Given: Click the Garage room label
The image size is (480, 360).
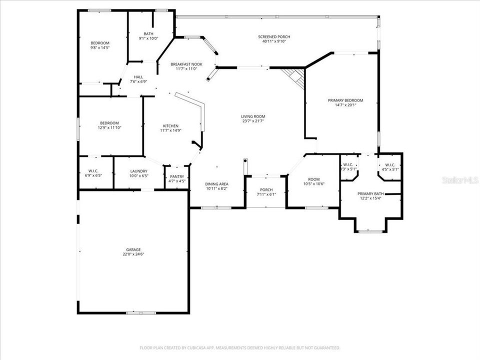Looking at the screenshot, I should pyautogui.click(x=133, y=249).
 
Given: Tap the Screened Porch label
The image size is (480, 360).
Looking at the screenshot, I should pyautogui.click(x=274, y=36).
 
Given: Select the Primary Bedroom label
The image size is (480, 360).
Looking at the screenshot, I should pyautogui.click(x=345, y=100).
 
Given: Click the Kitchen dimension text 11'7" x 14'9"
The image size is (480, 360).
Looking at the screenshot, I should pyautogui.click(x=170, y=130).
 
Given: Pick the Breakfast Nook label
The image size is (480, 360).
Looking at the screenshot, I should pyautogui.click(x=186, y=64).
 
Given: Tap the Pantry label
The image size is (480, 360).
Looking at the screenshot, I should pyautogui.click(x=177, y=176).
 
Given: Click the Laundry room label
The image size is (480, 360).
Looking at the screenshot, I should pyautogui.click(x=138, y=171).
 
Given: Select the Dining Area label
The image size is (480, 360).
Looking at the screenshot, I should pyautogui.click(x=217, y=184).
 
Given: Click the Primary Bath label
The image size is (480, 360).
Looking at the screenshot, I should pyautogui.click(x=370, y=193).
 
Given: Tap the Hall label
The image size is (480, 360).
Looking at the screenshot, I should pyautogui.click(x=138, y=77).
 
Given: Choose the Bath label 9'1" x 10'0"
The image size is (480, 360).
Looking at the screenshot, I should pyautogui.click(x=148, y=33).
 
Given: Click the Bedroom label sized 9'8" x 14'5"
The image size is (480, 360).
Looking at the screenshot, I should pyautogui.click(x=99, y=43).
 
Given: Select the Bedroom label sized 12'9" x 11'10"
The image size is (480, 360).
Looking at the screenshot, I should pyautogui.click(x=109, y=123).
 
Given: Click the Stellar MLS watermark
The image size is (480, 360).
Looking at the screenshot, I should pyautogui.click(x=459, y=179).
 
